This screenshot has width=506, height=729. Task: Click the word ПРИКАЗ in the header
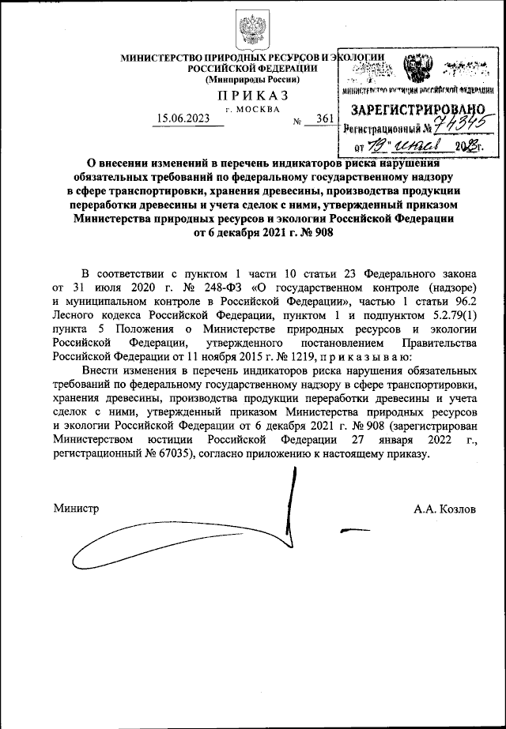252,95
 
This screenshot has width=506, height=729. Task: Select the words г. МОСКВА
253,107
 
